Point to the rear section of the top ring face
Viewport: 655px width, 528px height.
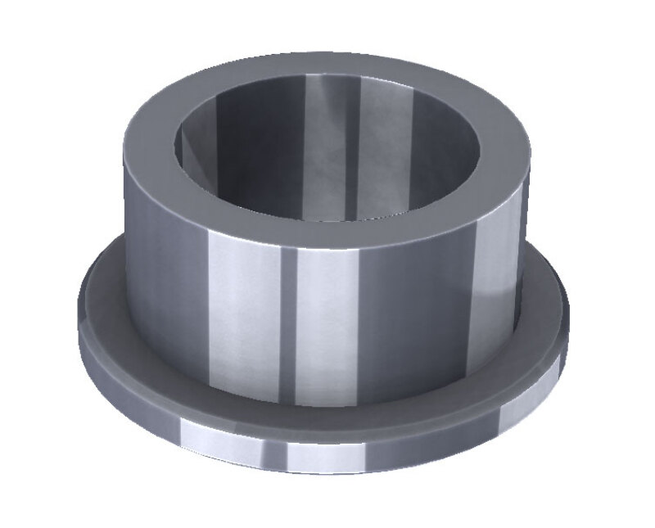(x=327, y=66)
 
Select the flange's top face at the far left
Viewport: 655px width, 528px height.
(x=102, y=295)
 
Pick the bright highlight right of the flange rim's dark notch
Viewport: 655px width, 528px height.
(x=327, y=454)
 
